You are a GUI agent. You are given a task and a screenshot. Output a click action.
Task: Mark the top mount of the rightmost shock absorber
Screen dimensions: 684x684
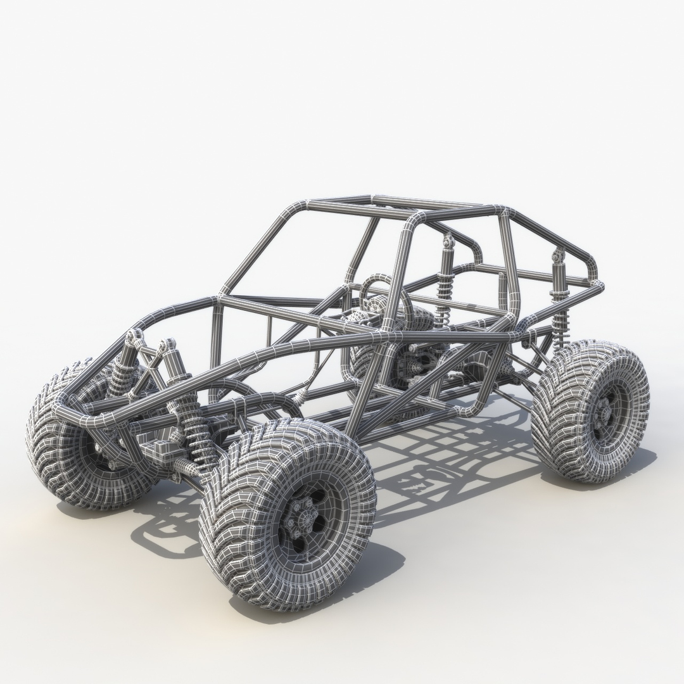[558, 256]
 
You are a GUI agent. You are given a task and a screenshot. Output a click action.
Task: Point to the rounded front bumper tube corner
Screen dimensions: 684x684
[63, 405]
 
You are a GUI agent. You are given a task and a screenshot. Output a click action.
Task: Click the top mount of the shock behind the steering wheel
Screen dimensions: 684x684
[449, 241]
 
